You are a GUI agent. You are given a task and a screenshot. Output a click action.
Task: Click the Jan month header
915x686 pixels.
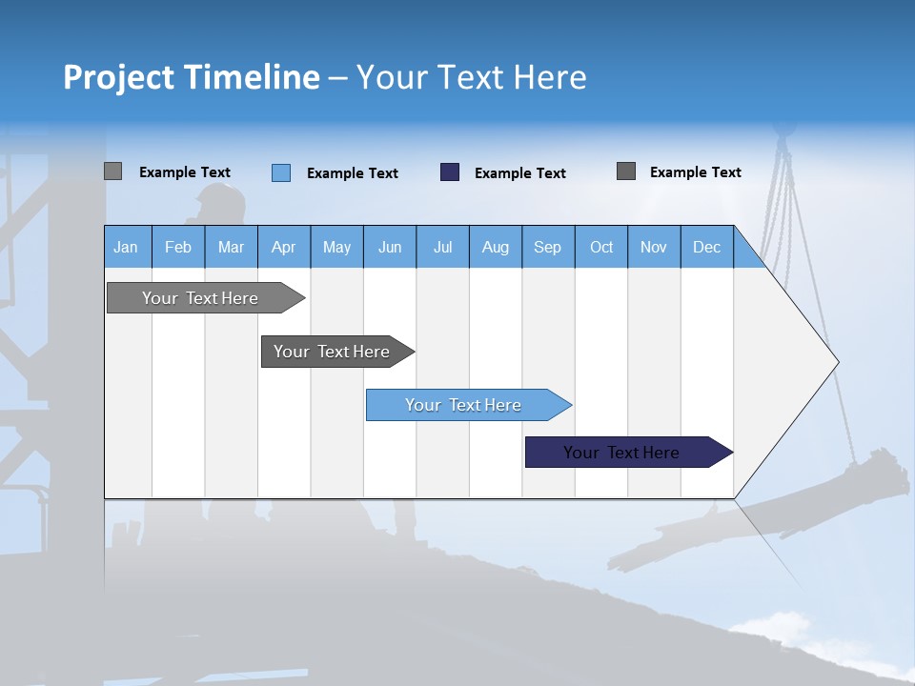click(126, 247)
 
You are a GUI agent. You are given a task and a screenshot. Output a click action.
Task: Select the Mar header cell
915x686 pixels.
click(231, 247)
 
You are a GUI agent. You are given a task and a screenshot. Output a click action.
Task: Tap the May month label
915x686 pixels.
click(336, 247)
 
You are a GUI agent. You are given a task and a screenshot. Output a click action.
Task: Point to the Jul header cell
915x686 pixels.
click(442, 247)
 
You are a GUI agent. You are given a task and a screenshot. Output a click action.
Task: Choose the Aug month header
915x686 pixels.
click(495, 247)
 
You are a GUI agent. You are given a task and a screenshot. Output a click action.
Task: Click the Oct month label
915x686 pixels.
click(601, 247)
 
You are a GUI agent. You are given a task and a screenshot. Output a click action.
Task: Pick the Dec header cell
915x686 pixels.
click(706, 247)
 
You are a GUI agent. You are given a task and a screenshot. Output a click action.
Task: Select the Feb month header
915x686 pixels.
click(178, 247)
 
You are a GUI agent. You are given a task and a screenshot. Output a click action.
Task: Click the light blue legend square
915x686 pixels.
click(281, 172)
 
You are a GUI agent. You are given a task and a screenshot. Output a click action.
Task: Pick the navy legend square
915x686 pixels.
click(450, 172)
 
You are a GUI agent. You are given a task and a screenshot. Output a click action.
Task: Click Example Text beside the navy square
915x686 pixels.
click(519, 173)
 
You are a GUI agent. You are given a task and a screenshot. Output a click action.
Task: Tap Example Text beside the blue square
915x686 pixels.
click(352, 173)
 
